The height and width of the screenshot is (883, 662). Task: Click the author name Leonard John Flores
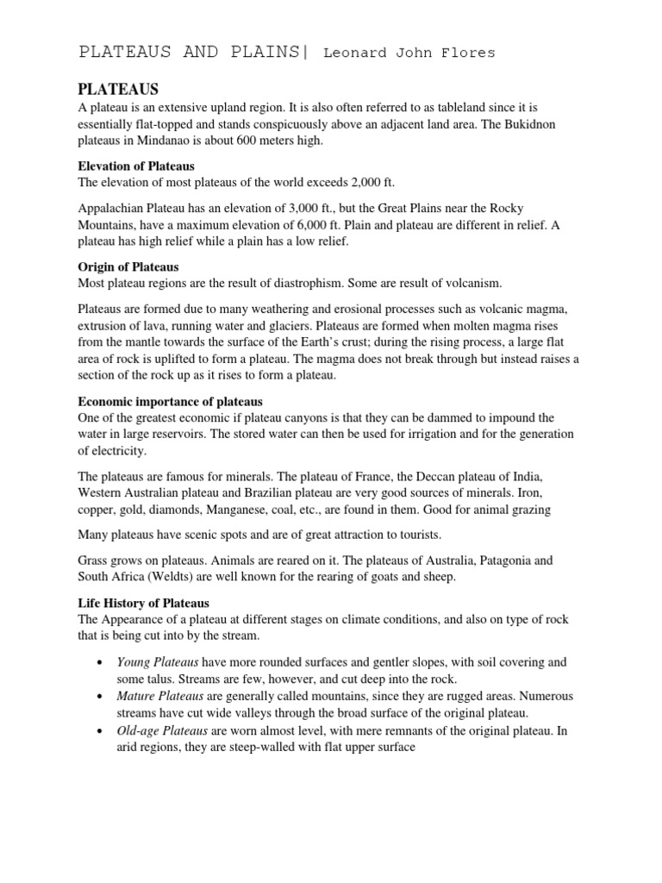409,53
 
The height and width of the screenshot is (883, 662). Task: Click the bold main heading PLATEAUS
119,90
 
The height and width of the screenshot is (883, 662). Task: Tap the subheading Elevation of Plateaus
136,166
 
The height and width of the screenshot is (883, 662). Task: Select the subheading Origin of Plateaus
128,266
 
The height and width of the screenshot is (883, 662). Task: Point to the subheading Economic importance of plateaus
171,401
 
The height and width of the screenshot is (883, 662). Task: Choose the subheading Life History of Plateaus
144,603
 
